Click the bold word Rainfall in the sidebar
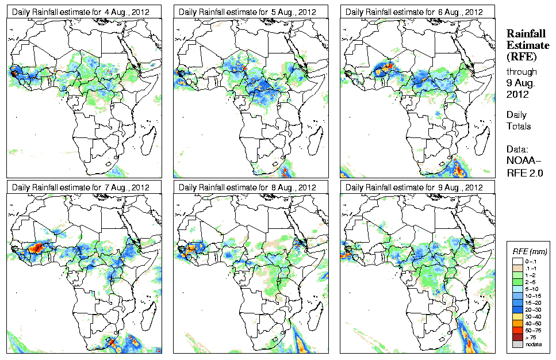click(526, 35)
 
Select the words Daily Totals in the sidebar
click(519, 120)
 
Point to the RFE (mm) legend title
click(530, 251)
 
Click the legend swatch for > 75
click(518, 336)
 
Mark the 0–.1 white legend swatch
click(518, 261)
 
